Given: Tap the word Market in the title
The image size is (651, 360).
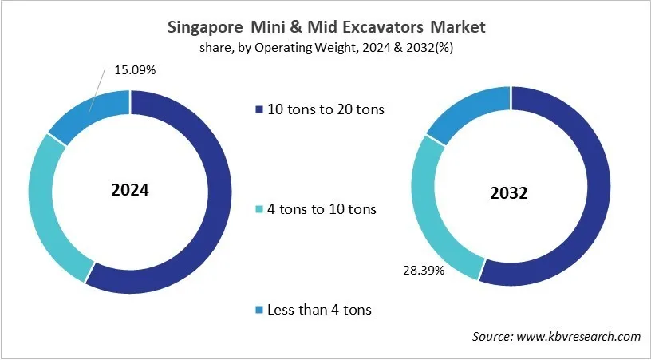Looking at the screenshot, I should tap(456, 27).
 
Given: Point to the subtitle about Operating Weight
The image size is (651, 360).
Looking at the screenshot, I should tap(325, 48).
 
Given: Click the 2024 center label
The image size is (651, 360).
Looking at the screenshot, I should tap(130, 192).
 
